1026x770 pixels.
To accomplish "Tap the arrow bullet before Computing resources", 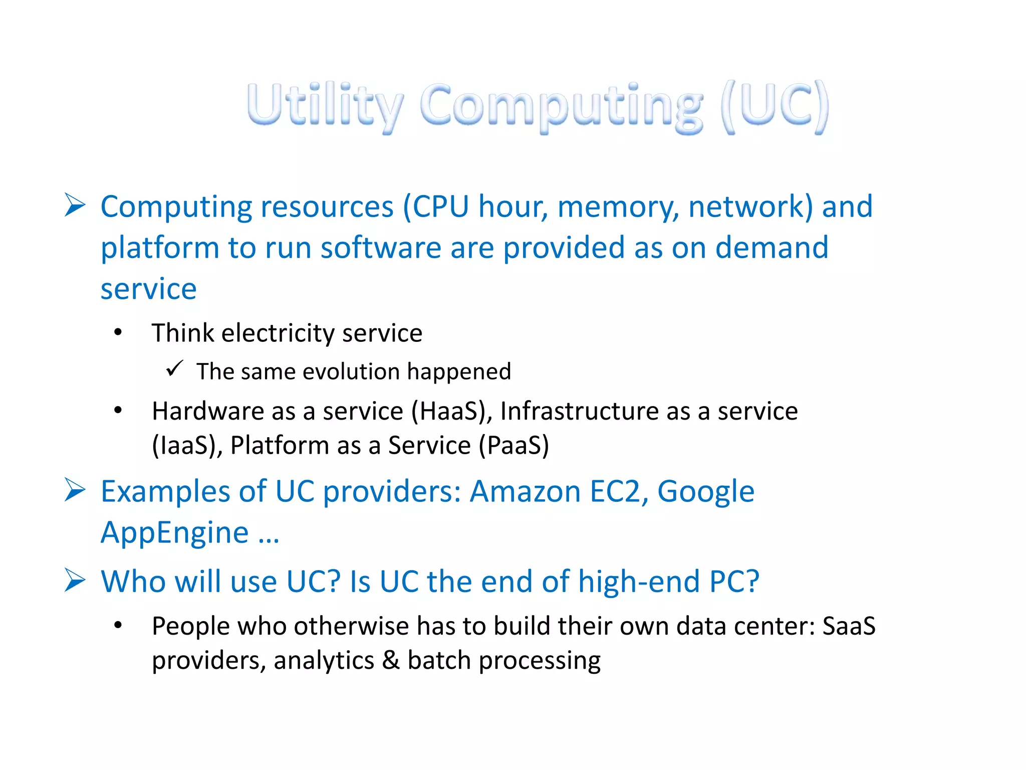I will click(x=75, y=206).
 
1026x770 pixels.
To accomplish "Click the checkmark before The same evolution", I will click(x=174, y=369).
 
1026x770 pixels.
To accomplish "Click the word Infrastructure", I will click(x=579, y=412).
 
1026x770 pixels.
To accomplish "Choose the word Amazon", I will click(x=525, y=492).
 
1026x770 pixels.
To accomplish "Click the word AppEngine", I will click(x=174, y=533).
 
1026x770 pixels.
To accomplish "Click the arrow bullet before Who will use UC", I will click(x=75, y=581).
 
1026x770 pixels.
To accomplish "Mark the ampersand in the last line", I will click(x=391, y=660).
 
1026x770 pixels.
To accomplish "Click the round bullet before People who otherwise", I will click(x=118, y=625).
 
